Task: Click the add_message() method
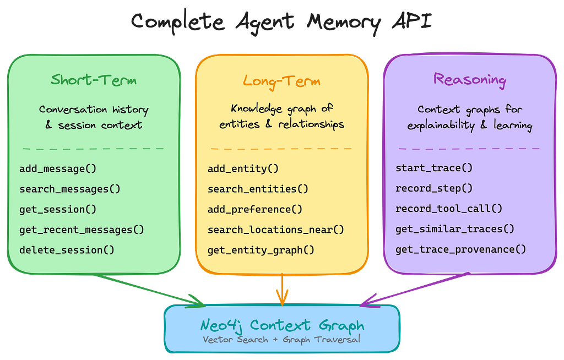pos(53,168)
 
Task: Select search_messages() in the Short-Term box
pos(69,189)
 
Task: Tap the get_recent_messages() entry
pos(82,230)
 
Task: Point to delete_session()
pos(67,250)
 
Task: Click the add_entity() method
pos(243,168)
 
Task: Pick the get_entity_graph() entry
pos(261,250)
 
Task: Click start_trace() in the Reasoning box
pos(434,168)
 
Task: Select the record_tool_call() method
pos(449,209)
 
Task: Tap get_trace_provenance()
pos(460,249)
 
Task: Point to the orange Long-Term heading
pos(281,81)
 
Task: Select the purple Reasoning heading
pos(469,80)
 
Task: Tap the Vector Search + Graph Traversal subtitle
pos(281,339)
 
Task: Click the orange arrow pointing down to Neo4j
pos(282,290)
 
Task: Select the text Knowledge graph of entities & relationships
pos(281,116)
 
